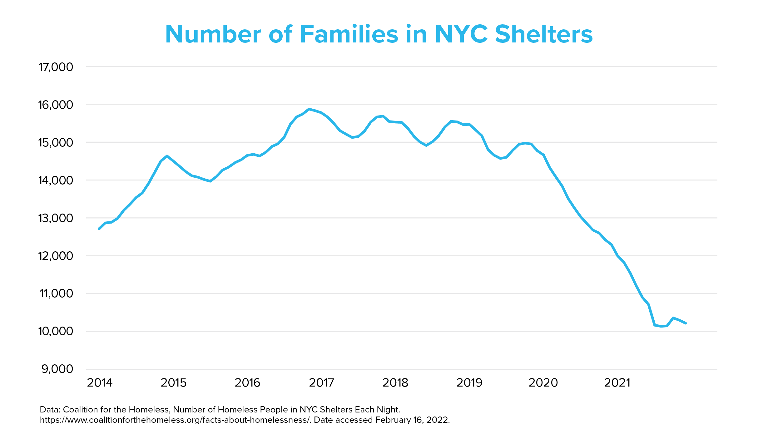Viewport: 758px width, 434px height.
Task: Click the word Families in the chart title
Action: point(349,34)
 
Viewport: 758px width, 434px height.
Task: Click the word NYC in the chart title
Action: point(461,34)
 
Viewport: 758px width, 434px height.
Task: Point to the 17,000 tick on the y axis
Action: point(56,67)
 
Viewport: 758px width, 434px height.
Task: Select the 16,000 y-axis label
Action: point(56,105)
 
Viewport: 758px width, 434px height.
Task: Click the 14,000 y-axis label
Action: point(56,180)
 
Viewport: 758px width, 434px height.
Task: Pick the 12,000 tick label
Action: point(56,256)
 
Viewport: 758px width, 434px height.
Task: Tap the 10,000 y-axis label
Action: point(56,331)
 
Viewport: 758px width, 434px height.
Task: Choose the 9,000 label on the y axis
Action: point(57,369)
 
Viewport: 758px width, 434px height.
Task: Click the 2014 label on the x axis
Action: point(100,383)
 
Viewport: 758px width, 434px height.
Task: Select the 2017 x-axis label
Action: point(321,383)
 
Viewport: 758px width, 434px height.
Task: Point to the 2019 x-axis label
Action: point(469,383)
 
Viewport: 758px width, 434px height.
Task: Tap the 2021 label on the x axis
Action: point(617,383)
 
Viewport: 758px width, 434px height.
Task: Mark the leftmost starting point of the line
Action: point(99,229)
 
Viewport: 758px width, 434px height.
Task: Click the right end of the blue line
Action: point(686,323)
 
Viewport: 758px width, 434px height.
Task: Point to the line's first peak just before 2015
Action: point(167,156)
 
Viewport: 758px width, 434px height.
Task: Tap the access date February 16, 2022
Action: point(412,420)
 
